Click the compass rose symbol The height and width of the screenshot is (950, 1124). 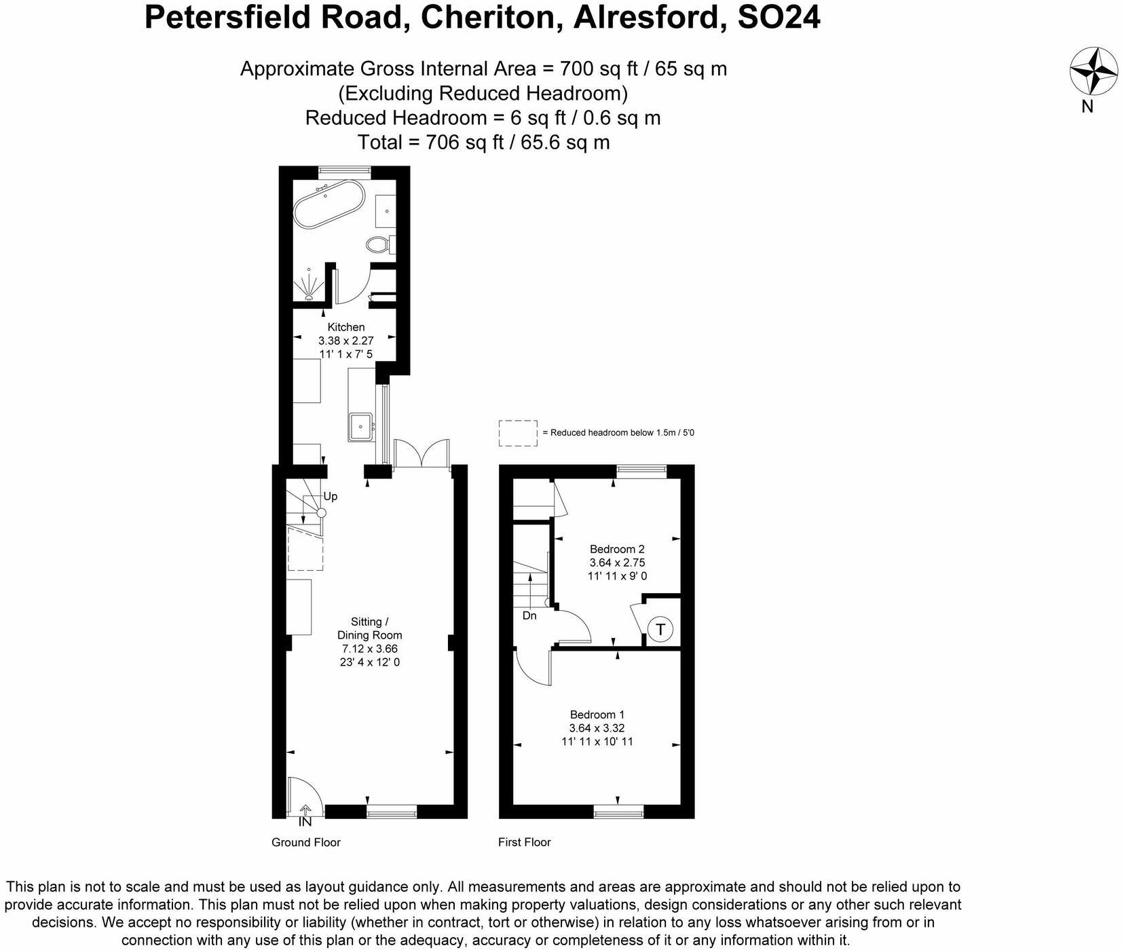(1093, 71)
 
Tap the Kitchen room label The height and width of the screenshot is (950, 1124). (346, 327)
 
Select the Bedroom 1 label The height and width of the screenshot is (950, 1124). (597, 715)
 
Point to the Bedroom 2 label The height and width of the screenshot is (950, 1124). (616, 549)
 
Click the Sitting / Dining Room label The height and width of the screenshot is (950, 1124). (369, 628)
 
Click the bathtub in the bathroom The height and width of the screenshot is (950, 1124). (329, 203)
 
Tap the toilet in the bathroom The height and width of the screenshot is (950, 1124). (377, 244)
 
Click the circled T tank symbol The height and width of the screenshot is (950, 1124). (660, 629)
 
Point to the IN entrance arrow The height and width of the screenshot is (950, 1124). (305, 815)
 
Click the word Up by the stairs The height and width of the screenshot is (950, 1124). (330, 496)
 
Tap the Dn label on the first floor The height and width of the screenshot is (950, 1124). (529, 615)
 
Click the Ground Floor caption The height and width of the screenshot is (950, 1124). (305, 842)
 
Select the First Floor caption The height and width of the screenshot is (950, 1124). (524, 842)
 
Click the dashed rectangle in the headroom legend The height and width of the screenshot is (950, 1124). (518, 433)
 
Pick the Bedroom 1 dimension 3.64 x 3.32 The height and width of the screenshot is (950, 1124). (597, 728)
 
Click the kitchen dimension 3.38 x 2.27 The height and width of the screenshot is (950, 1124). (346, 341)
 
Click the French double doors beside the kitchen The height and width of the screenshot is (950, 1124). (421, 453)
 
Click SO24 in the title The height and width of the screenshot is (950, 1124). (778, 18)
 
